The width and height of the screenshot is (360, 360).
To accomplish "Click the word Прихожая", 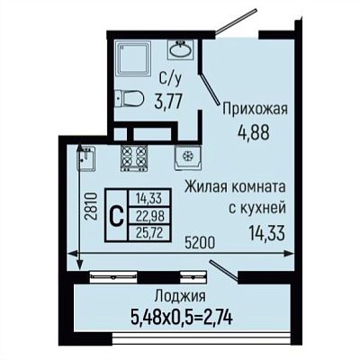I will (255, 110).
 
